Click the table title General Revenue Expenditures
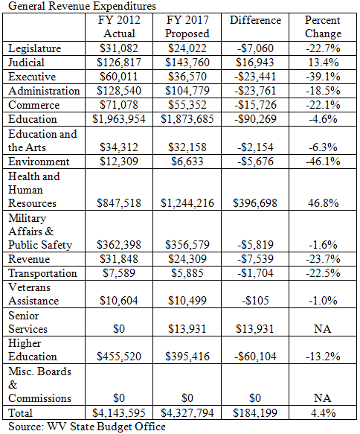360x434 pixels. pos(82,6)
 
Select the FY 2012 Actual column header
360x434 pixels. pos(119,27)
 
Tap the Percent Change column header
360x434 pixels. pos(323,27)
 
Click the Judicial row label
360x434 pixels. pos(26,63)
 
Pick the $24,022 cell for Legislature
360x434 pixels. pos(187,48)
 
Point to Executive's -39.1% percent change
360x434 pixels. pos(323,77)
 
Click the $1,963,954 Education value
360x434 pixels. pos(119,119)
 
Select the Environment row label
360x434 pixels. pos(39,162)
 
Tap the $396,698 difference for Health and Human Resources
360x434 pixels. pos(255,203)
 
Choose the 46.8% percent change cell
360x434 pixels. pos(324,203)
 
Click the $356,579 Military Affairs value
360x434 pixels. pos(187,245)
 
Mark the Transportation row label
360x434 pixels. pos(42,273)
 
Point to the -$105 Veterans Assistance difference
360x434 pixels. pos(255,301)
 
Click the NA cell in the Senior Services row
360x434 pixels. pos(323,329)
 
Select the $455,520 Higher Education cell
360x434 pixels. pos(119,357)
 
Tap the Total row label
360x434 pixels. pos(21,413)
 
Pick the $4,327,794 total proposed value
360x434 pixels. pos(187,413)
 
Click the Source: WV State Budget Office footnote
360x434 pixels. pos(87,427)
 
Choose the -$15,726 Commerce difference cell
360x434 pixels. pos(255,105)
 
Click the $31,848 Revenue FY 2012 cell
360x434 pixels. pos(119,259)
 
